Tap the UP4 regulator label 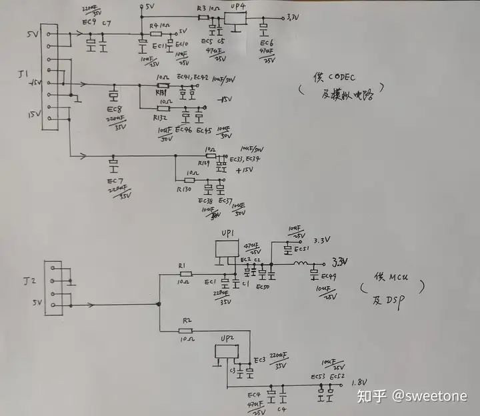(x=238, y=8)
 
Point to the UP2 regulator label (x=227, y=339)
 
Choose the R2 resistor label (x=186, y=321)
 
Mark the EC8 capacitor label (x=113, y=108)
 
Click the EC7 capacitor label (x=114, y=181)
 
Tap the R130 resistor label (x=184, y=189)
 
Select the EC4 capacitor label (x=253, y=394)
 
